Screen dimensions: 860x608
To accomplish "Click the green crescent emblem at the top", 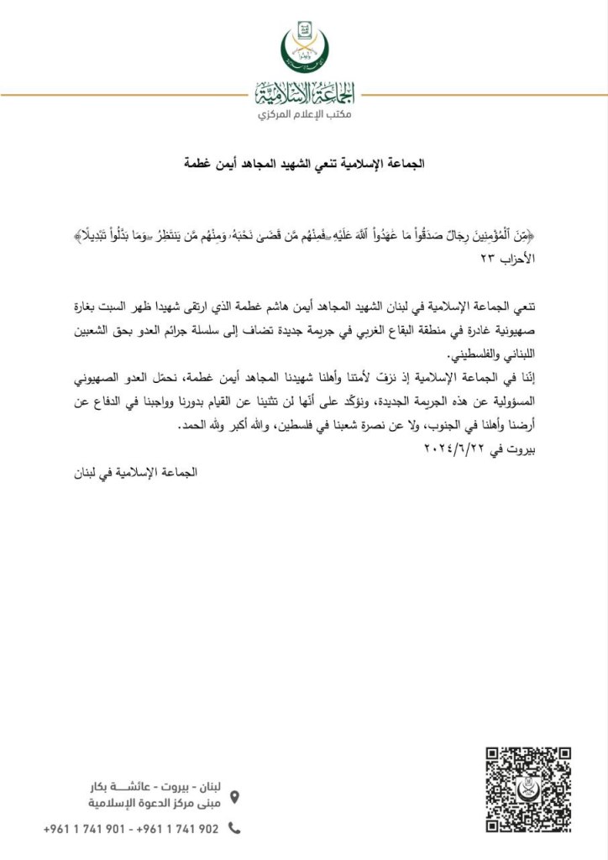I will tap(304, 49).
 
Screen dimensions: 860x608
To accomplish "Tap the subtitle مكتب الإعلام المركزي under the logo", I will tap(304, 113).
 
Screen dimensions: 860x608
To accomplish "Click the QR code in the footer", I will tap(529, 787).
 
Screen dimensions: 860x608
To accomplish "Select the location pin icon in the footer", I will tap(234, 796).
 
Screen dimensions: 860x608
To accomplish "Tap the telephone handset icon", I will tap(234, 828).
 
